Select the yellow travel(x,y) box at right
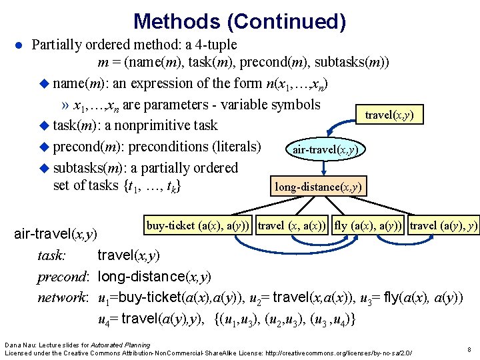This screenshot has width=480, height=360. click(389, 115)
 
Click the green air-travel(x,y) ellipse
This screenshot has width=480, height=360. click(325, 150)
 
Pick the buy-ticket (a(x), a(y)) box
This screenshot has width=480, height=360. click(199, 226)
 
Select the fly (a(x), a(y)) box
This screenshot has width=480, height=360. click(369, 226)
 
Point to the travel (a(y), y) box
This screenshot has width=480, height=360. click(443, 226)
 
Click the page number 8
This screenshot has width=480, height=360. click(469, 349)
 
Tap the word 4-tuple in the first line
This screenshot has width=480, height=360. click(215, 46)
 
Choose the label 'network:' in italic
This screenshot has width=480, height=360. click(63, 297)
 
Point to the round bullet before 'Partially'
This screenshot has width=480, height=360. click(19, 46)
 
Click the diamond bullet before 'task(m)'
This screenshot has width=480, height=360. click(45, 126)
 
